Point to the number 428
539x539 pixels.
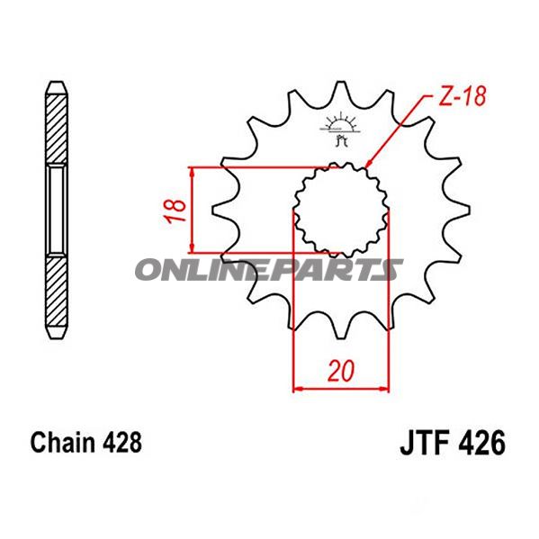(x=121, y=443)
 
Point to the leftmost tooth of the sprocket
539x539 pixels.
(x=220, y=211)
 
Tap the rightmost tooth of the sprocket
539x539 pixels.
(x=463, y=211)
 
